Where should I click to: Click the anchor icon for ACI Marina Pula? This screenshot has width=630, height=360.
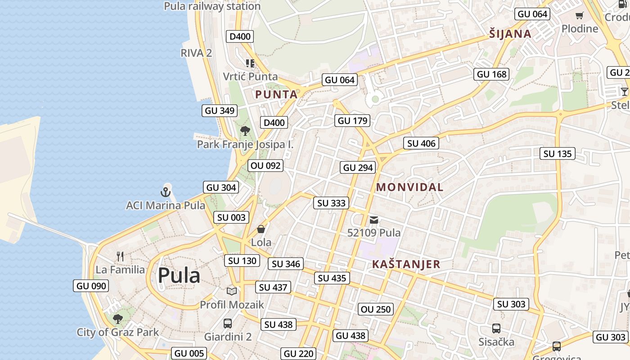(166, 192)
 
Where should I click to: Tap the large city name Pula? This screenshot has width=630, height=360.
(179, 275)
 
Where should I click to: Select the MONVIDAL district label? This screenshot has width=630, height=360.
(409, 187)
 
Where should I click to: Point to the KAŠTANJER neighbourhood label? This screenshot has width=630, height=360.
(406, 265)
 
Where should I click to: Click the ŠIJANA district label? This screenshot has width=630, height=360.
(510, 34)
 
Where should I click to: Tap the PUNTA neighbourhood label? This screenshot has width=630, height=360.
(276, 94)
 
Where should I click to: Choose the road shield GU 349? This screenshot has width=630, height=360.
(220, 110)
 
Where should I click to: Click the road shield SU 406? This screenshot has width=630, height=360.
(421, 144)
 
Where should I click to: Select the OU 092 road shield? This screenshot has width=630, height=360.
(265, 166)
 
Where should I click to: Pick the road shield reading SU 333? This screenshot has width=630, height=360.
(332, 203)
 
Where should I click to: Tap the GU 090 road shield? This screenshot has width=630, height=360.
(91, 286)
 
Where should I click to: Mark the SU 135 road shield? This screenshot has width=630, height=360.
(558, 154)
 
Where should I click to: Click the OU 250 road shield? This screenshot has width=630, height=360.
(376, 309)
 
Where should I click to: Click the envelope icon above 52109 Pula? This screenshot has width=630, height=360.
(374, 220)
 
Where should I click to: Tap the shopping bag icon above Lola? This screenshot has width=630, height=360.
(261, 229)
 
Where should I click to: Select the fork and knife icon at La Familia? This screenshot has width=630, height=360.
(120, 256)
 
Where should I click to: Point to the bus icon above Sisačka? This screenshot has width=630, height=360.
(496, 328)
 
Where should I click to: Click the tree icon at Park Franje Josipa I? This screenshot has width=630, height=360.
(245, 131)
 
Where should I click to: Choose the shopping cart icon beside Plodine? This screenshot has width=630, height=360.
(580, 16)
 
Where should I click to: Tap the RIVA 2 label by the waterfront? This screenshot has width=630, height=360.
(196, 53)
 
